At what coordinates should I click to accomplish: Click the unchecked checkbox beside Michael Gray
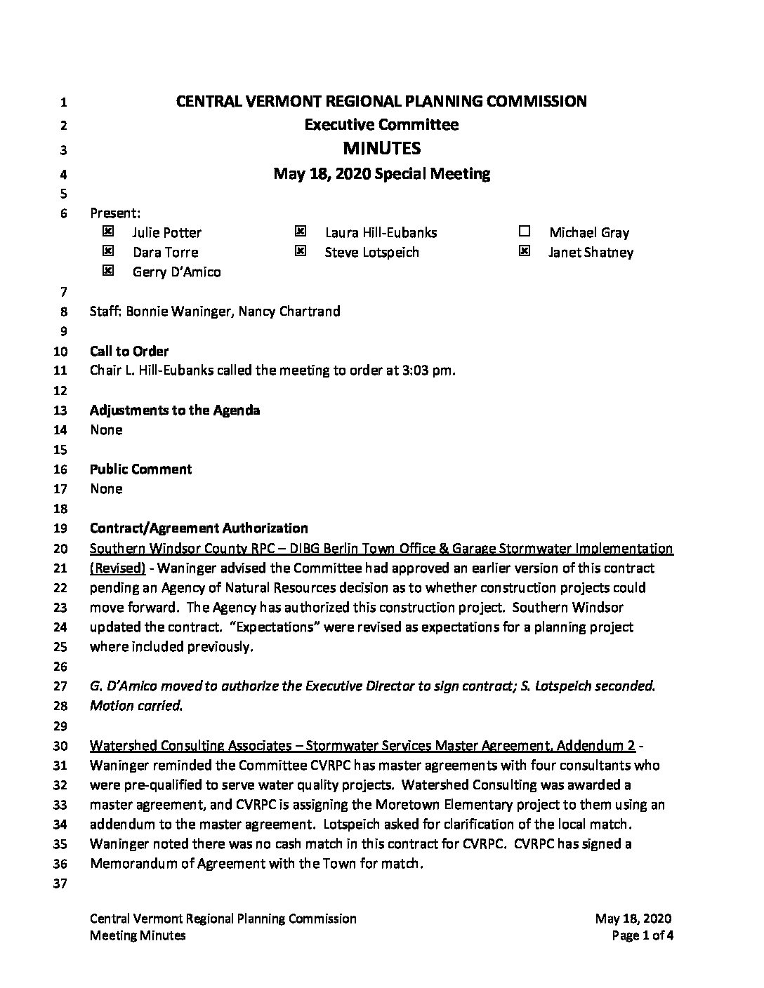click(x=524, y=231)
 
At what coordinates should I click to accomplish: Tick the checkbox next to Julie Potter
click(x=107, y=231)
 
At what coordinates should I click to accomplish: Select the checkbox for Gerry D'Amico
click(x=107, y=271)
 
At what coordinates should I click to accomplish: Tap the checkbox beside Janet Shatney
click(x=524, y=251)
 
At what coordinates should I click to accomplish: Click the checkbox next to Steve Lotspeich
click(x=301, y=251)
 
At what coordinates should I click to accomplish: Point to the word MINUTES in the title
click(x=381, y=148)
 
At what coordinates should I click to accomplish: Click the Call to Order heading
click(x=129, y=351)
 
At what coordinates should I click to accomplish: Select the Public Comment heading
click(x=140, y=469)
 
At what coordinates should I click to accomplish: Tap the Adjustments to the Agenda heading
click(x=175, y=410)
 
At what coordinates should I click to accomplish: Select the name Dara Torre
click(x=166, y=252)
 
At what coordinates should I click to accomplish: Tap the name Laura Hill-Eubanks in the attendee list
click(x=381, y=232)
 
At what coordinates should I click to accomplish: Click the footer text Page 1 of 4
click(x=643, y=935)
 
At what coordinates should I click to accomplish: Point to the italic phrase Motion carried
click(x=136, y=705)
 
